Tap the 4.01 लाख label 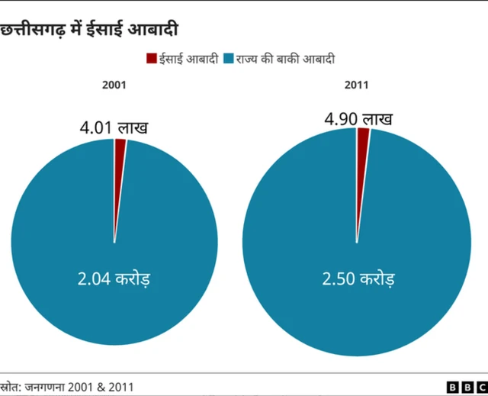(114, 127)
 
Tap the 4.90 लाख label (358, 119)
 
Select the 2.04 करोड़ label (114, 278)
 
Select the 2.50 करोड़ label (358, 278)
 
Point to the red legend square (151, 58)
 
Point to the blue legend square (228, 58)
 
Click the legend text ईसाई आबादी (188, 58)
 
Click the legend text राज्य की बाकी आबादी (284, 58)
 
